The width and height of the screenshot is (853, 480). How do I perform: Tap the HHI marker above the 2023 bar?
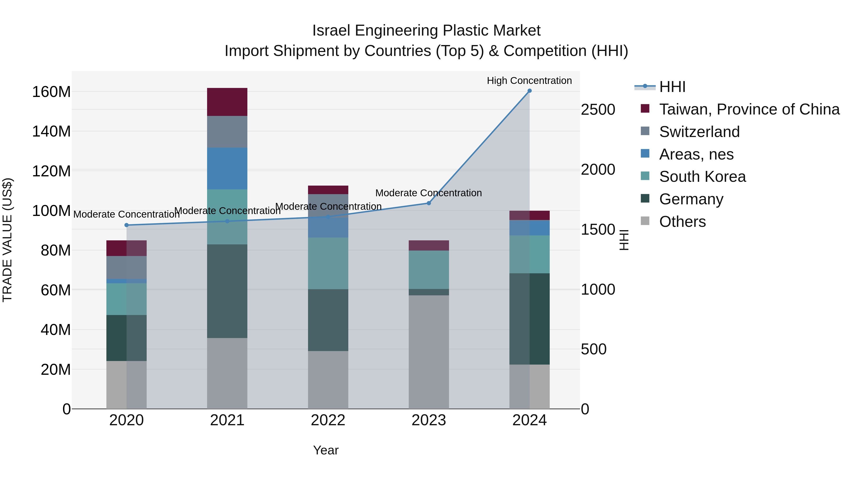click(x=428, y=203)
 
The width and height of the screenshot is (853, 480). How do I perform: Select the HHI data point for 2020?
click(x=127, y=225)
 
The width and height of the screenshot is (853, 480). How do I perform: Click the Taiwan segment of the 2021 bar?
click(x=227, y=102)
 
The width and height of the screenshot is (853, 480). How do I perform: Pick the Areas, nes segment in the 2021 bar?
click(x=227, y=168)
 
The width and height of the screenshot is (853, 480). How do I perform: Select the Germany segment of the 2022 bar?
click(x=328, y=320)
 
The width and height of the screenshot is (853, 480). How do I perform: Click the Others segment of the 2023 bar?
click(x=428, y=352)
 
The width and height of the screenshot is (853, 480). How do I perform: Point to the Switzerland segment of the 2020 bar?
click(x=127, y=267)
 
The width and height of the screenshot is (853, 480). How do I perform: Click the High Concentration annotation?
click(x=529, y=81)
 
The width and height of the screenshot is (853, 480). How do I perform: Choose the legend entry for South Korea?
click(x=702, y=177)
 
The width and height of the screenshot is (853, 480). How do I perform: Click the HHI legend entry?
click(x=672, y=87)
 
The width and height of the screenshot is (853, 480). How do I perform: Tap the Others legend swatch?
click(x=645, y=221)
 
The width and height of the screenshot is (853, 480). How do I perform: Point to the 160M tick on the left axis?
click(x=51, y=92)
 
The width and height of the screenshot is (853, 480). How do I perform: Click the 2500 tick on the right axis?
click(x=598, y=110)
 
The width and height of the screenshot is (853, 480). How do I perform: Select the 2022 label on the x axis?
click(x=328, y=420)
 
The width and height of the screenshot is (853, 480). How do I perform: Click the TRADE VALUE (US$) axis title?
click(x=7, y=240)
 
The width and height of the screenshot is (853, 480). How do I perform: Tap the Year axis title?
click(x=326, y=450)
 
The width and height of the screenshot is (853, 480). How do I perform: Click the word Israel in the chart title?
click(x=331, y=31)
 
